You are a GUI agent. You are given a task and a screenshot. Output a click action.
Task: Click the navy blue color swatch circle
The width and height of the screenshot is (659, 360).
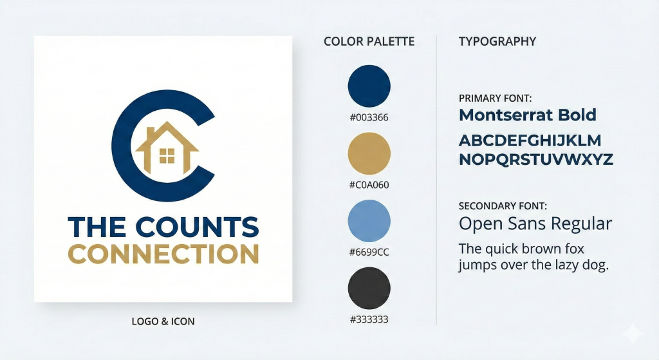click(x=369, y=86)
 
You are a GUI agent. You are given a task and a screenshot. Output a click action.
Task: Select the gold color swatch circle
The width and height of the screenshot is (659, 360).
click(x=369, y=153)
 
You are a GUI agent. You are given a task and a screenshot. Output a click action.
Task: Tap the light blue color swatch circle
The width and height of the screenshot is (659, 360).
click(x=369, y=221)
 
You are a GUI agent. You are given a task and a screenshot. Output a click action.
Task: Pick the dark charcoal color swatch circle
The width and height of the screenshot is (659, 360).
click(x=369, y=288)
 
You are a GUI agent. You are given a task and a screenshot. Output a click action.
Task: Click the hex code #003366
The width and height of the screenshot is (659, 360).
click(x=369, y=117)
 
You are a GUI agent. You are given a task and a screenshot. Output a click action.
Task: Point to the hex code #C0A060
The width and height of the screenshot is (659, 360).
click(x=369, y=185)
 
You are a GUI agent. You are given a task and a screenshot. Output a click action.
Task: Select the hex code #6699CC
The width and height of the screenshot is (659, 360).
click(x=369, y=252)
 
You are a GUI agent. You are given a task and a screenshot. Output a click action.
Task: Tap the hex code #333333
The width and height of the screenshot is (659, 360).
click(x=369, y=319)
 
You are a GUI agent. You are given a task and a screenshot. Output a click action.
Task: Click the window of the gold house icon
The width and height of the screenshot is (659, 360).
click(x=167, y=156)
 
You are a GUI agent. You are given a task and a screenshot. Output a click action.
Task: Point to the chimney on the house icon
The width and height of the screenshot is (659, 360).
click(x=149, y=132)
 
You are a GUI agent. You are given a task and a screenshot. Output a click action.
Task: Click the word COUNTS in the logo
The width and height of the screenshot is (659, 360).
click(x=197, y=227)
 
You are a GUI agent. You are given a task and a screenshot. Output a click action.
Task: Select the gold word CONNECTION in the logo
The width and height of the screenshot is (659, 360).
click(x=163, y=254)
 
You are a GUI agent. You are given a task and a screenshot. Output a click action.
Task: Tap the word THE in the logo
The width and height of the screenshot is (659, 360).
click(x=97, y=227)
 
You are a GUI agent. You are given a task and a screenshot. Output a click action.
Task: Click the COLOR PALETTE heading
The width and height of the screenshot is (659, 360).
click(x=369, y=41)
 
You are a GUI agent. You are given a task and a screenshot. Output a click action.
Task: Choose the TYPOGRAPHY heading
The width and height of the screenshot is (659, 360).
click(x=497, y=41)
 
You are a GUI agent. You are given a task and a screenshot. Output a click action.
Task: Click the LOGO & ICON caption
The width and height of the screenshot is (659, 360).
click(x=163, y=321)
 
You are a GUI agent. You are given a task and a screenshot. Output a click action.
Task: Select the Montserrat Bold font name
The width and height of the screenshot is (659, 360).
click(x=528, y=115)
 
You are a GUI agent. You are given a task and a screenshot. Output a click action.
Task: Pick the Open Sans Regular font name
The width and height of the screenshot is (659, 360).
click(x=535, y=223)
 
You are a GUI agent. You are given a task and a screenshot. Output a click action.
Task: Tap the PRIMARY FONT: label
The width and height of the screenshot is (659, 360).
click(x=495, y=99)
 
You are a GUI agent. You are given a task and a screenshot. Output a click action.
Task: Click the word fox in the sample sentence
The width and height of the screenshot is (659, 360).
click(x=573, y=249)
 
